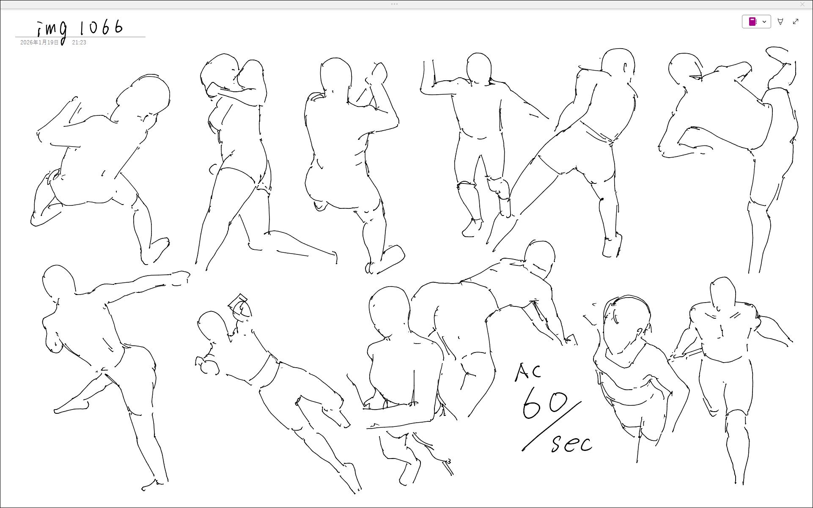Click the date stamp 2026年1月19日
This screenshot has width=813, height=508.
pos(39,43)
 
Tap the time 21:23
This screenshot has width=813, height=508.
pos(79,43)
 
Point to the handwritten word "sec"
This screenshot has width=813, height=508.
pos(571,442)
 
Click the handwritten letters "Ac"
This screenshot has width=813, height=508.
pos(527,372)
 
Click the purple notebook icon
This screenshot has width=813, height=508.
pos(753,22)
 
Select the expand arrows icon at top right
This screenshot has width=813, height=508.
pos(796,22)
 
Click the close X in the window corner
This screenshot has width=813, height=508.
pos(802,4)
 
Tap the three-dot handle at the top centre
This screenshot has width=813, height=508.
pos(394,4)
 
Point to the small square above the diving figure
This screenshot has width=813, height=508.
pos(238,301)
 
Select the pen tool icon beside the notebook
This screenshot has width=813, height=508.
pos(780,22)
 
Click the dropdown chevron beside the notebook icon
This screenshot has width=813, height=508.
pos(764,22)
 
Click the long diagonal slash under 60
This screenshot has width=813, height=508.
pos(552,426)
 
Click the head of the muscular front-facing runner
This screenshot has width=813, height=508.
pos(723,292)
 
